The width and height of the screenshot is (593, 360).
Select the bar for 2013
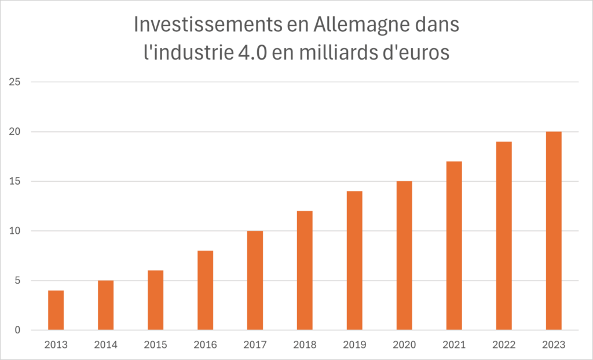[x=56, y=310]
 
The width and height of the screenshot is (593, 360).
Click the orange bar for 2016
[x=206, y=291]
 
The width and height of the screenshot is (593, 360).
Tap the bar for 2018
[x=305, y=270]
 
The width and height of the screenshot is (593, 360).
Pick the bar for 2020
[x=404, y=256]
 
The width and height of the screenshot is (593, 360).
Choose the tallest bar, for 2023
[x=554, y=231]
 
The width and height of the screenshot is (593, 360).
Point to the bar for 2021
[x=454, y=246]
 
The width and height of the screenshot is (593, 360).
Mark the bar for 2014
[x=105, y=305]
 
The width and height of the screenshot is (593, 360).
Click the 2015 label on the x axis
[x=155, y=345]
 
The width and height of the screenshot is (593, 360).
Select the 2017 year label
[x=255, y=345]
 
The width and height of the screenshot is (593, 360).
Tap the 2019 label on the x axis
[x=354, y=345]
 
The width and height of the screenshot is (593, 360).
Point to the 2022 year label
[x=504, y=345]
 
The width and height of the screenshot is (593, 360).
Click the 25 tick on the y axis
[x=14, y=82]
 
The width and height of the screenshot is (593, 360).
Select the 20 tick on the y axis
[x=14, y=132]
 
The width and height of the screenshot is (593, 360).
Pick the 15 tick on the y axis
[x=14, y=182]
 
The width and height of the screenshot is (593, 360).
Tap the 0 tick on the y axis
[x=17, y=330]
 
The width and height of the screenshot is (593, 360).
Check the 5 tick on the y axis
[x=17, y=281]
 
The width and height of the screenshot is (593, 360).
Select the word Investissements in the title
[x=207, y=25]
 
